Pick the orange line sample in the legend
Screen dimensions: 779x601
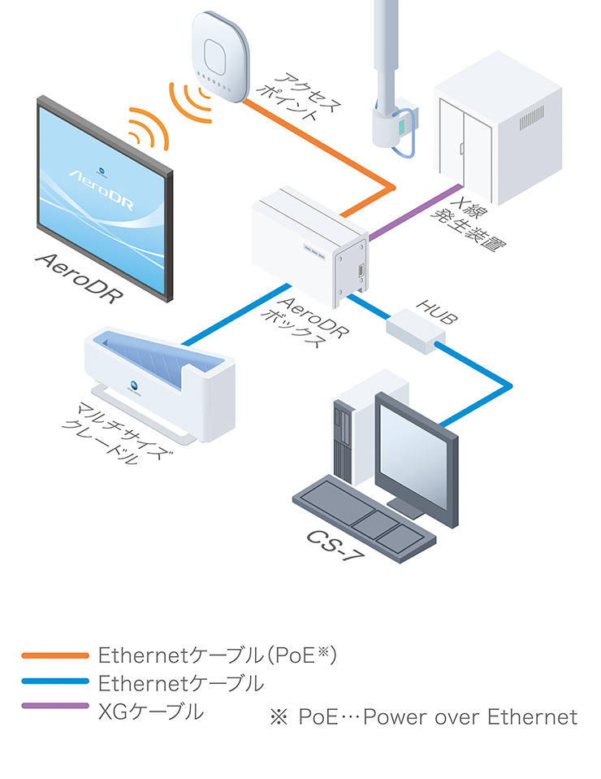55,655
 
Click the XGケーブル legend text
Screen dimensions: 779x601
150,712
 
